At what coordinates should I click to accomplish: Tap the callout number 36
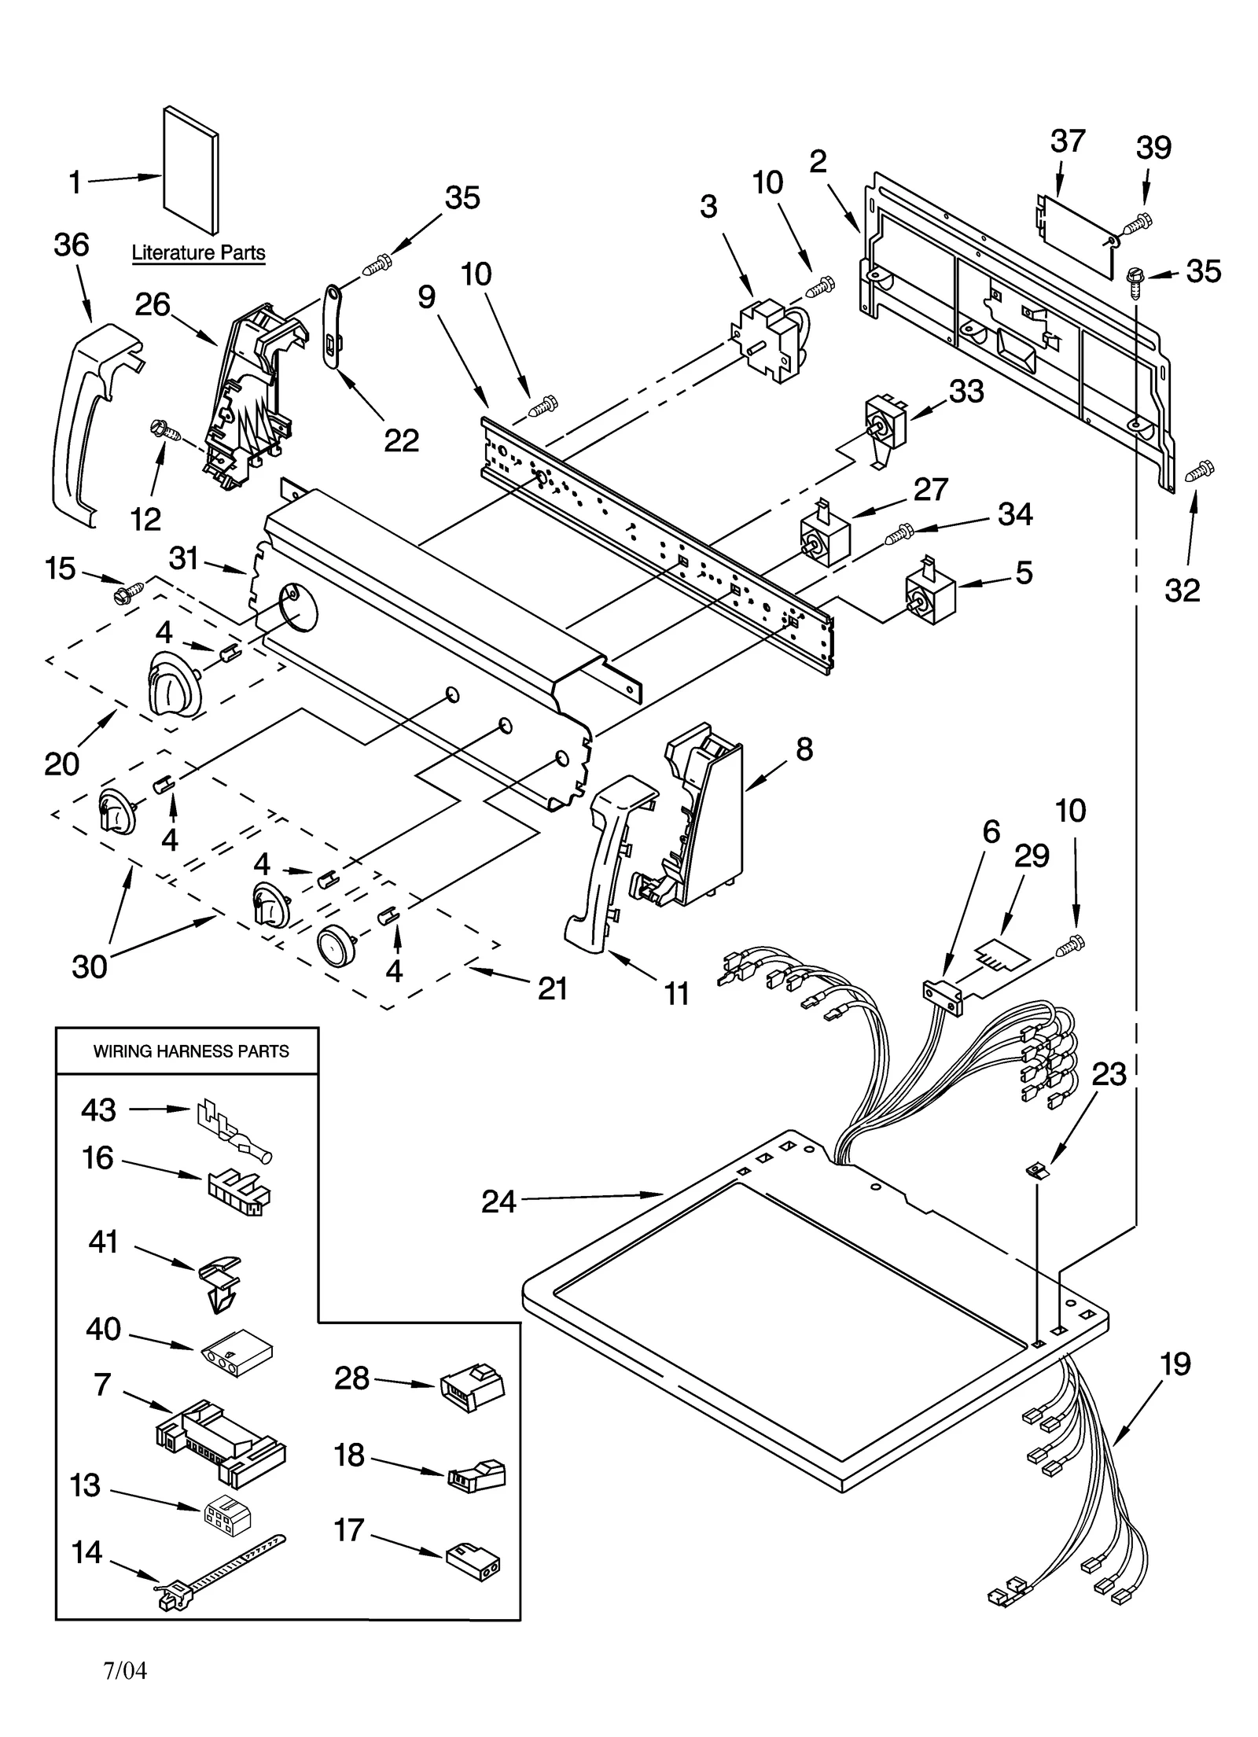pos(72,245)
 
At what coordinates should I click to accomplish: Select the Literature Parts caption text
pos(198,253)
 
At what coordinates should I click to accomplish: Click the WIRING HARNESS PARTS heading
pos(191,1051)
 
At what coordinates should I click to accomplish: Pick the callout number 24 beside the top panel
pos(498,1202)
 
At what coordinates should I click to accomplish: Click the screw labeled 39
pos(1137,223)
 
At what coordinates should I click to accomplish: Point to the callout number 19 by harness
pos(1175,1364)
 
